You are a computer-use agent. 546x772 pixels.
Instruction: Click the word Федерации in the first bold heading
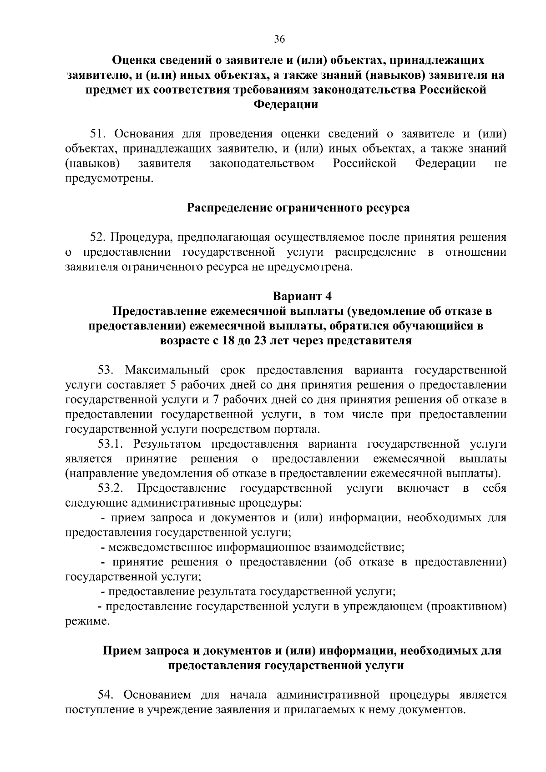[x=285, y=105]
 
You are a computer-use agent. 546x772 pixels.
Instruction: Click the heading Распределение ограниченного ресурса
[x=298, y=208]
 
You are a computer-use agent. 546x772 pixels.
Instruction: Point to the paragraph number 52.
[x=98, y=237]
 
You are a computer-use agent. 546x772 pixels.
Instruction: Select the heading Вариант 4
[x=302, y=296]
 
